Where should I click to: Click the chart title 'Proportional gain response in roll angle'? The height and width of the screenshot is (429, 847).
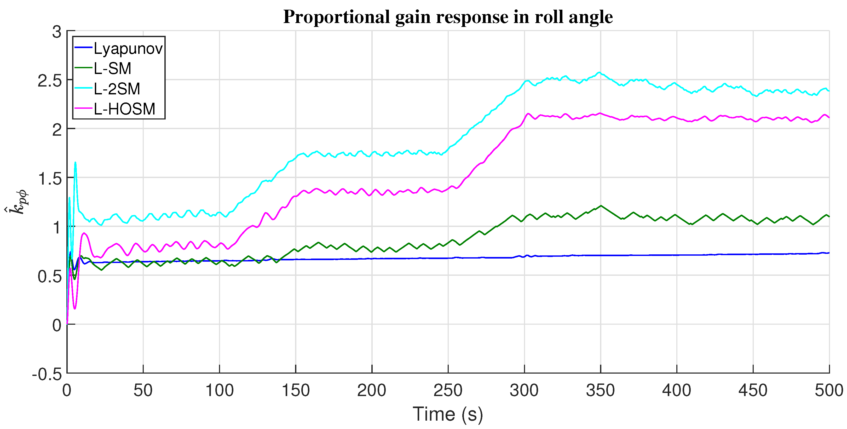pos(448,17)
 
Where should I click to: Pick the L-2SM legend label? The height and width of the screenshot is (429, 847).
pos(117,89)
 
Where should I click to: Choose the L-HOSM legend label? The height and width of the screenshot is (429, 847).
pos(124,109)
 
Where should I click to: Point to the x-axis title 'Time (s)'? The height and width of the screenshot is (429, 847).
pos(448,414)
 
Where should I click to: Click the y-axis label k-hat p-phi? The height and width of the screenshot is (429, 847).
pos(17,202)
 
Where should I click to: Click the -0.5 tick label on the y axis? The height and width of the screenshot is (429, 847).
pos(47,374)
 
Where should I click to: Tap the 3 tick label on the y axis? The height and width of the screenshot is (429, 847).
pos(57,32)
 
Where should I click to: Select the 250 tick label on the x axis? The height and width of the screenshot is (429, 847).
pos(448,391)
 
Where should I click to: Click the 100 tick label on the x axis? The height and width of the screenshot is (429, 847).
pos(219,391)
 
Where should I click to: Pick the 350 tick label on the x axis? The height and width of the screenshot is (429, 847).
pos(600,391)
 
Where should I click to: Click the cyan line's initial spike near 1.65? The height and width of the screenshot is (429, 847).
pos(75,163)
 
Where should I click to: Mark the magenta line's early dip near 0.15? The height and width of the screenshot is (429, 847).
pos(75,308)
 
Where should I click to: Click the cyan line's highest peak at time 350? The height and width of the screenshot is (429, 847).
pos(600,72)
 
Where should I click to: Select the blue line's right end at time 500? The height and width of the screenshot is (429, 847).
pos(829,253)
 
